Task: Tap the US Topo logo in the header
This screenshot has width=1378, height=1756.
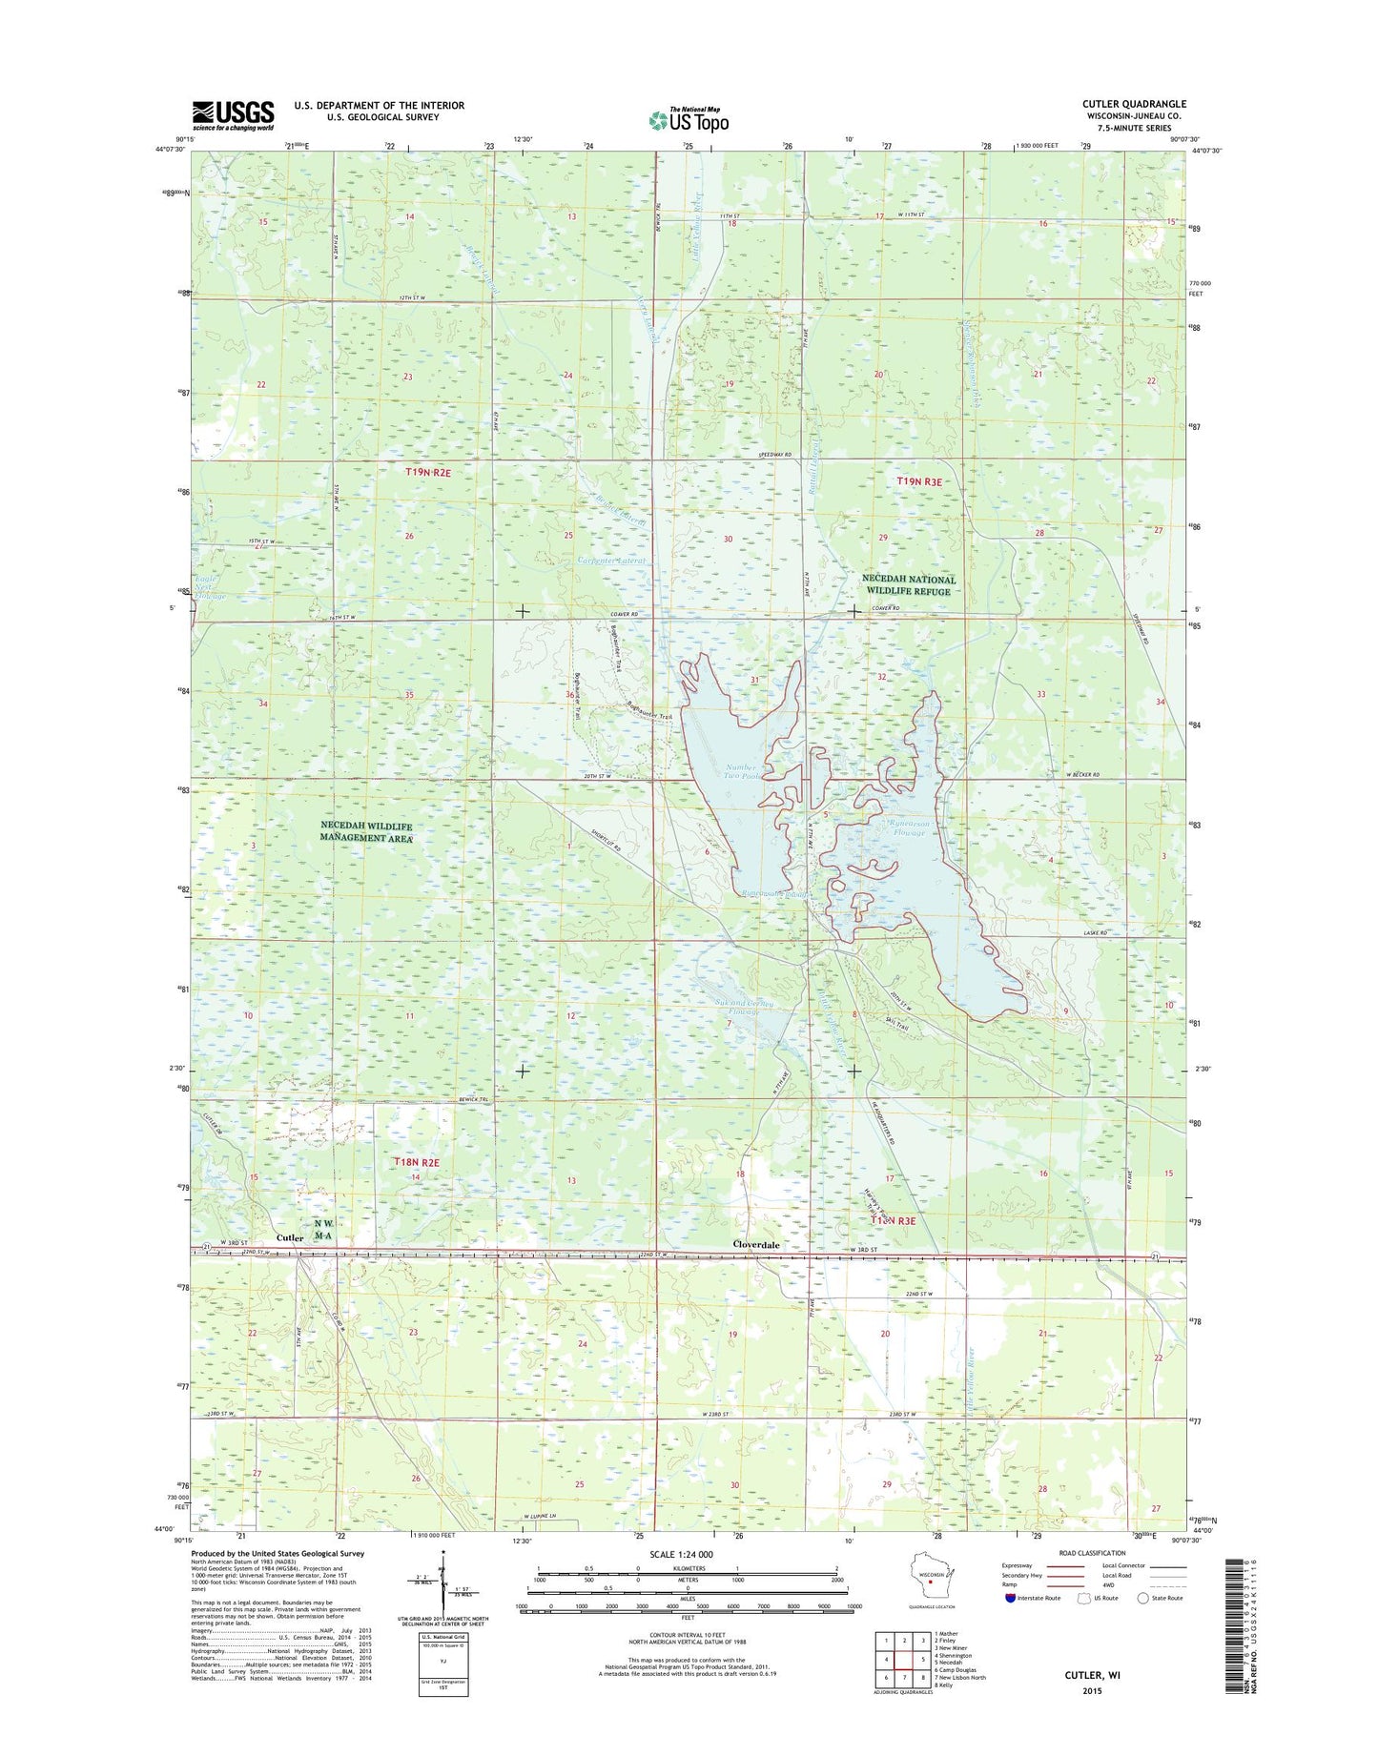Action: tap(689, 119)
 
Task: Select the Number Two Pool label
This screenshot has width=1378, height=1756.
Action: tap(741, 771)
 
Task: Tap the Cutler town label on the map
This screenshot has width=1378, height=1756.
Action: tap(290, 1237)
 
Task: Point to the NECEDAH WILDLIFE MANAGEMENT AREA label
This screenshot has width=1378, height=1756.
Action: tap(366, 831)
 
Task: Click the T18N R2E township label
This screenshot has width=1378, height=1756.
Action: tap(417, 1163)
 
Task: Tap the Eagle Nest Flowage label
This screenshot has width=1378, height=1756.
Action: tap(208, 587)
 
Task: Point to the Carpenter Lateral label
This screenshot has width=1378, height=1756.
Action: tap(612, 562)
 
